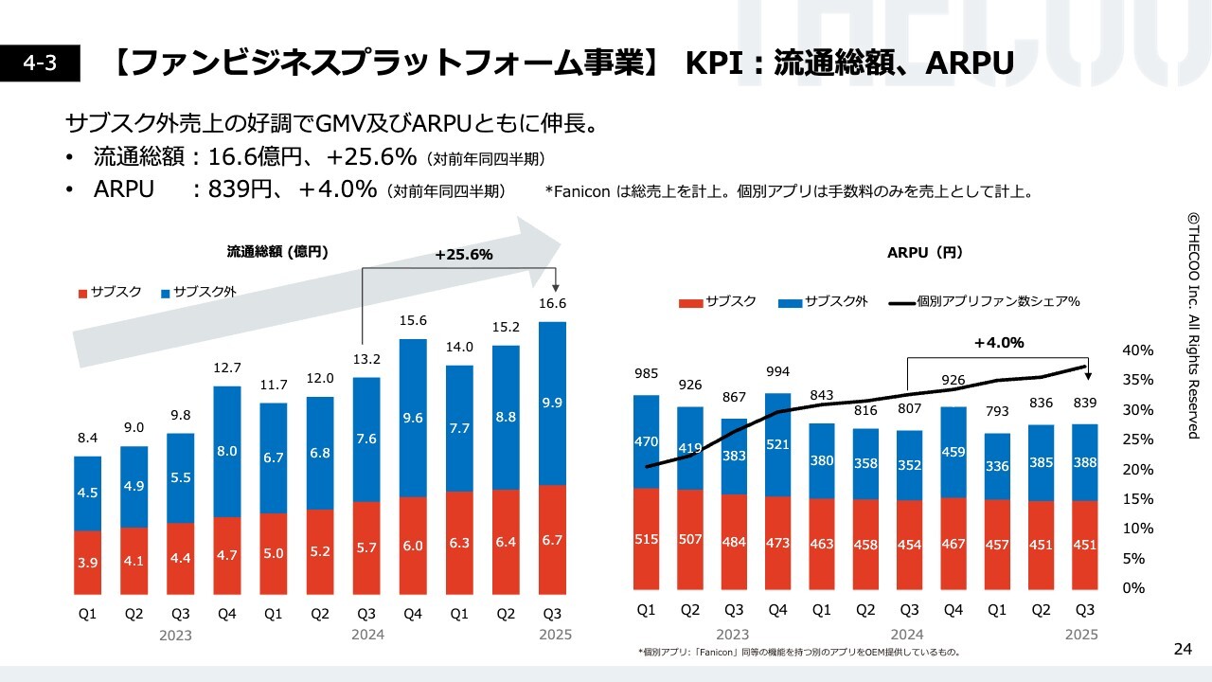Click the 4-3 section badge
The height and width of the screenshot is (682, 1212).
(40, 63)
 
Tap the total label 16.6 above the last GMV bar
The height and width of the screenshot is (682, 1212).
(552, 303)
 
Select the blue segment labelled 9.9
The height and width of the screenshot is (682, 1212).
(552, 404)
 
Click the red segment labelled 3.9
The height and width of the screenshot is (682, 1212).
(88, 563)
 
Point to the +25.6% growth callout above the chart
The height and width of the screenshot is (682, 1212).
(464, 255)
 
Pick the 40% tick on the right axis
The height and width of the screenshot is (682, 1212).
(1137, 350)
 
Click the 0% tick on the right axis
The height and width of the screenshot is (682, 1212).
(1133, 588)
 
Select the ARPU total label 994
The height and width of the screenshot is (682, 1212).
(777, 371)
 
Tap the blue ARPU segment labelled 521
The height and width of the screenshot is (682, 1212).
(777, 443)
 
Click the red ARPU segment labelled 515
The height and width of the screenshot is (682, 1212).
(646, 540)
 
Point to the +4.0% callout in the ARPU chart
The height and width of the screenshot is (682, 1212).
(999, 343)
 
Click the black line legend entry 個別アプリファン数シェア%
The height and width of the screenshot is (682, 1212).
(986, 302)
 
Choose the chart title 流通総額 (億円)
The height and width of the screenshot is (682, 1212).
(277, 252)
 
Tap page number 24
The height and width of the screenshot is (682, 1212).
(1183, 649)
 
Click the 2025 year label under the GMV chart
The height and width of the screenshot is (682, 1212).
(555, 635)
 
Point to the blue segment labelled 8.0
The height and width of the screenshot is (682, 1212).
(227, 452)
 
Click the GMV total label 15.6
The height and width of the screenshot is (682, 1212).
(413, 321)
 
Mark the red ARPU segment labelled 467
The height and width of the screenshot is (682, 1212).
(953, 544)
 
